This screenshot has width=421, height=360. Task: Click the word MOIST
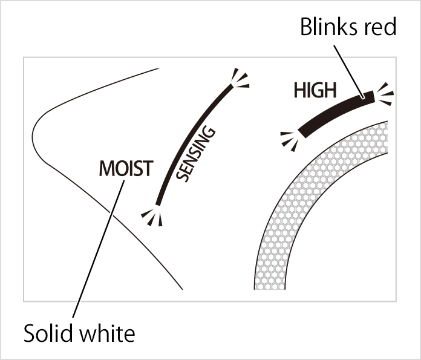(126, 168)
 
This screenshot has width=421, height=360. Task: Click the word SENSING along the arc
(196, 153)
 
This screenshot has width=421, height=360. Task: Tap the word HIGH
(314, 91)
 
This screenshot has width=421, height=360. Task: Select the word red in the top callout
(379, 27)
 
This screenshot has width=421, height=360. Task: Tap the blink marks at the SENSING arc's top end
(238, 79)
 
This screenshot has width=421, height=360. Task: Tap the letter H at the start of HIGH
(299, 91)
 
